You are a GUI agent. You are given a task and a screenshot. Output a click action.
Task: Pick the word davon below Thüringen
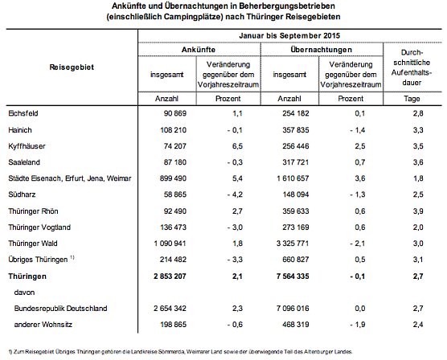[x=31, y=292]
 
